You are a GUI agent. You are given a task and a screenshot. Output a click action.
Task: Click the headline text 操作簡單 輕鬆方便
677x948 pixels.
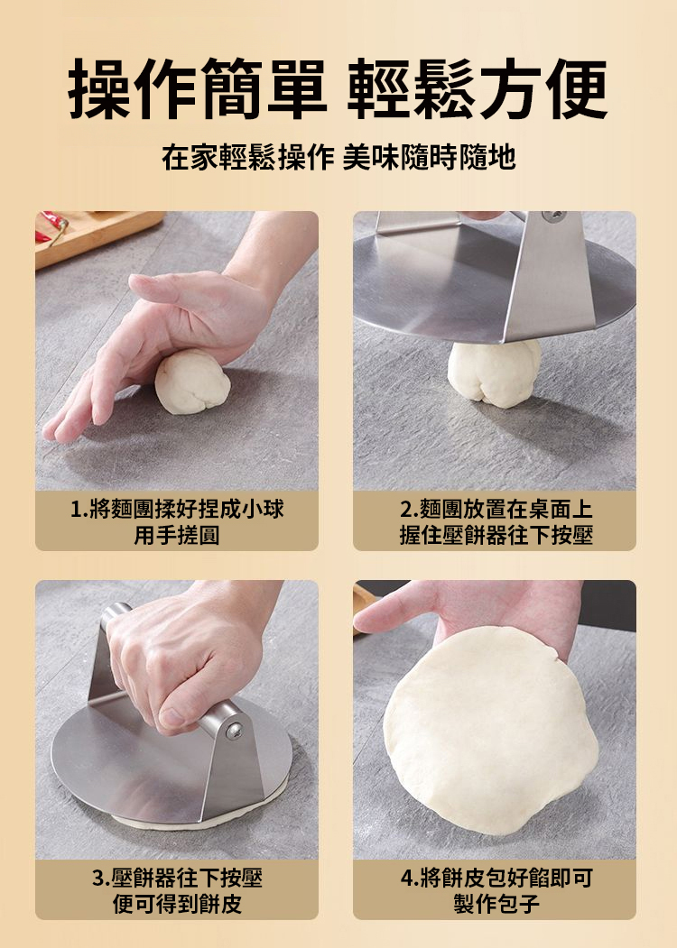point(338,88)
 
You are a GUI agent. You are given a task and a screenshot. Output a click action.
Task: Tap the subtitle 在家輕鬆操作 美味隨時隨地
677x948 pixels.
point(338,157)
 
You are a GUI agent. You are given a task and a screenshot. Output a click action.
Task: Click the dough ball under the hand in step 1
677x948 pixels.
point(192,382)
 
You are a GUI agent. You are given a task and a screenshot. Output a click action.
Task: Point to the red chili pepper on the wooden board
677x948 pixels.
point(52,227)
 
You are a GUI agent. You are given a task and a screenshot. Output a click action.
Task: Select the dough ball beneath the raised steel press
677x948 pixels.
point(495,372)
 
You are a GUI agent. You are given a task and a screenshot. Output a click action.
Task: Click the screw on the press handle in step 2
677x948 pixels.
point(553,216)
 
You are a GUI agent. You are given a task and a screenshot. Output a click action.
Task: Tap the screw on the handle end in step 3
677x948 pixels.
point(234,731)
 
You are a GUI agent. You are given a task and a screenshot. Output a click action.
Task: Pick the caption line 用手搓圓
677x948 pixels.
point(177,535)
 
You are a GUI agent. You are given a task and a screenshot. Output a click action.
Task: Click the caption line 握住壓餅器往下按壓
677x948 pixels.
point(496,535)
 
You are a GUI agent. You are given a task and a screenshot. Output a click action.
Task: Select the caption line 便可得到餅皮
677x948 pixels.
point(177,904)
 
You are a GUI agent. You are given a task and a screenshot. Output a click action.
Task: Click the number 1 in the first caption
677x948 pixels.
point(76,509)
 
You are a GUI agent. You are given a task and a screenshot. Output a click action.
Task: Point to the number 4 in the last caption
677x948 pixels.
point(406,878)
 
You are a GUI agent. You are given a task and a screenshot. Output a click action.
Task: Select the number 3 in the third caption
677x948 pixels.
point(98,878)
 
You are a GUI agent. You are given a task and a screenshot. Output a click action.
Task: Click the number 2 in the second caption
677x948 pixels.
point(406,509)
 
